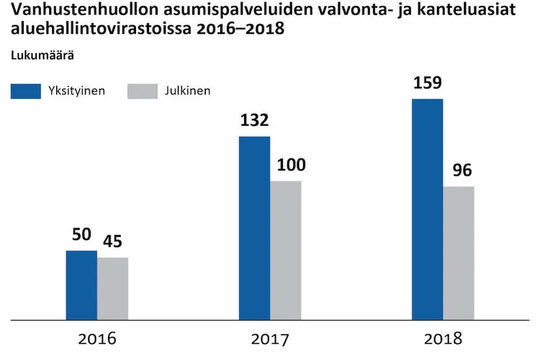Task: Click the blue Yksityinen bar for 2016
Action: point(81,284)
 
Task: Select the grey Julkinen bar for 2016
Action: point(113,288)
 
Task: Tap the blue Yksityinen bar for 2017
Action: point(254,228)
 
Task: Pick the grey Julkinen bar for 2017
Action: point(286,250)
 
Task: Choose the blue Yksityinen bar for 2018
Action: point(427,209)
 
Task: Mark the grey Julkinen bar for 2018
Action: point(459,253)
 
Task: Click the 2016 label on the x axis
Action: point(97,338)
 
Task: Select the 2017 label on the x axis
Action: point(270,338)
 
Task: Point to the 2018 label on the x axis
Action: point(443,338)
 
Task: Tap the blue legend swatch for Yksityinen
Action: point(25,91)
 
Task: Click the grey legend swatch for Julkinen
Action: point(142,91)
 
